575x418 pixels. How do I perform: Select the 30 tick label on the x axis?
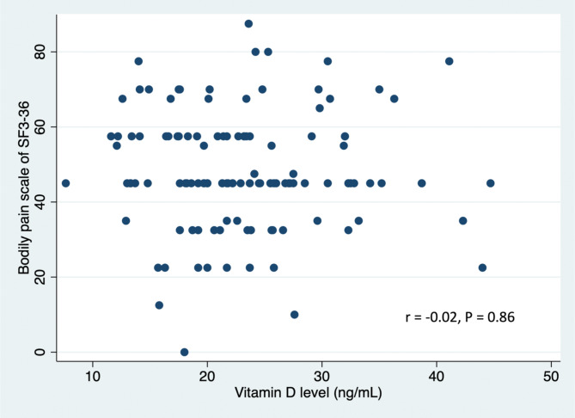point(321,378)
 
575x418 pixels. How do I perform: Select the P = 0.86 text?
point(492,317)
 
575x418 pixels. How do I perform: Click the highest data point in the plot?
point(248,24)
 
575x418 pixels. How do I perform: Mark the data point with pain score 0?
point(185,352)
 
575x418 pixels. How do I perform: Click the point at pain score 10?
point(295,315)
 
